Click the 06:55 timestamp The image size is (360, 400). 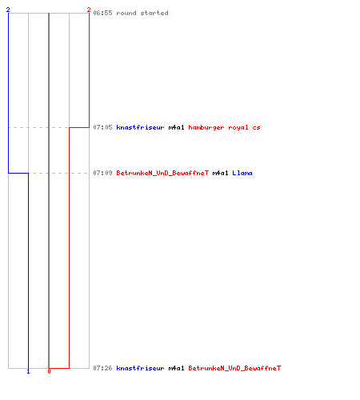click(102, 13)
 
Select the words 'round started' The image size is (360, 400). click(142, 13)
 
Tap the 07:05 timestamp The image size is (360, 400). click(102, 127)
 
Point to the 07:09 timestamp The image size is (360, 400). click(102, 173)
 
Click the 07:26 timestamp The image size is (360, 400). click(102, 368)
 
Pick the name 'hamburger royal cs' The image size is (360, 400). click(224, 127)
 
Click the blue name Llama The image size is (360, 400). click(242, 173)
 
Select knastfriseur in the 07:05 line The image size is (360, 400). click(140, 127)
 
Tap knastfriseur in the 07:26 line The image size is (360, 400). click(140, 368)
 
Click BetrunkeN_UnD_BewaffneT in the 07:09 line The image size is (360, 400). click(162, 173)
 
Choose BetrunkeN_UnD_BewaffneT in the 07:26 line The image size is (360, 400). click(234, 368)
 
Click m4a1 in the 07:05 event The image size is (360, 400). click(176, 127)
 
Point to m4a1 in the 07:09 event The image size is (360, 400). click(220, 173)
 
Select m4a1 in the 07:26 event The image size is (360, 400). click(176, 368)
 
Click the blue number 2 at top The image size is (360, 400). click(8, 10)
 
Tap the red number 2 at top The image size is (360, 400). click(89, 10)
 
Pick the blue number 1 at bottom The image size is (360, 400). click(28, 371)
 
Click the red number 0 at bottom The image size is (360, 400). click(49, 371)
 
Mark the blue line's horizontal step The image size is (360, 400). click(18, 174)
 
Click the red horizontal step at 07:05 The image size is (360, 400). click(79, 127)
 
